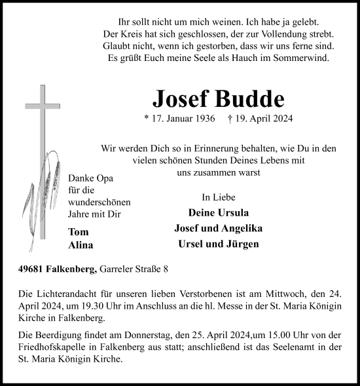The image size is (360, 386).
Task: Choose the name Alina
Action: [x=81, y=245]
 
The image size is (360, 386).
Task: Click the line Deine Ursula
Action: [x=218, y=212]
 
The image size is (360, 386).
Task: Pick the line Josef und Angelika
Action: [x=218, y=228]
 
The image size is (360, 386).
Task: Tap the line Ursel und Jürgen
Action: [x=218, y=244]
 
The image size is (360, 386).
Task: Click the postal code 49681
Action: [x=33, y=268]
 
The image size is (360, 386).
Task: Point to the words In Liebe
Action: [x=219, y=197]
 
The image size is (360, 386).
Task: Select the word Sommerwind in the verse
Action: [x=304, y=58]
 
